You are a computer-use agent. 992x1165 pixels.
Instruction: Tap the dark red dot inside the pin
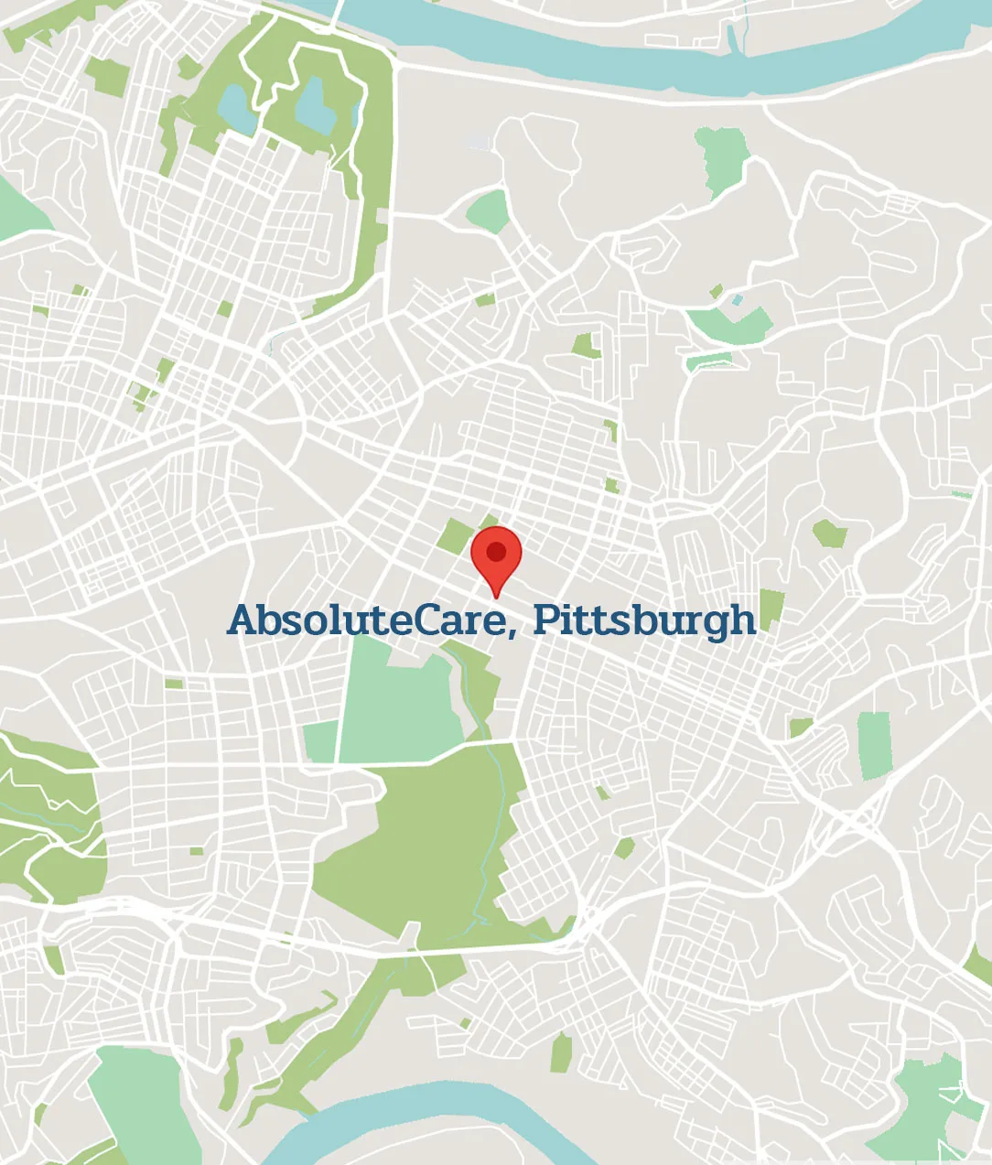tap(496, 552)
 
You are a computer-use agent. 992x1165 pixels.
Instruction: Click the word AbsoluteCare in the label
tap(366, 620)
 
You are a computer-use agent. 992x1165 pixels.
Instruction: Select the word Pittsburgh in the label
tap(644, 620)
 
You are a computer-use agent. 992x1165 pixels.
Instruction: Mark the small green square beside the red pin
tap(454, 536)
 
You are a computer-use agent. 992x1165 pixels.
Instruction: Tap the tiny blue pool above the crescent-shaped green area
tap(737, 299)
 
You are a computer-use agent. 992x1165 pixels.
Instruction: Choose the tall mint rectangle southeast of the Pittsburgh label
tap(874, 745)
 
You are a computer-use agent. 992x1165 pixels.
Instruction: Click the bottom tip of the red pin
tap(496, 597)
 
